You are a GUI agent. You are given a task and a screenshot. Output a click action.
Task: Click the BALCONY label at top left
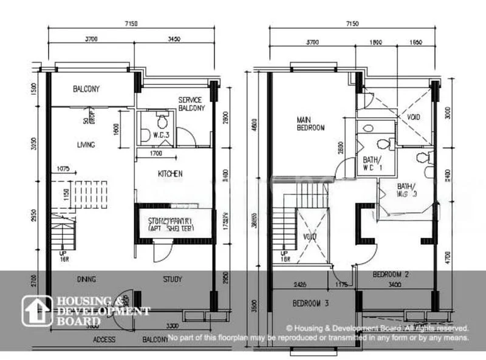tap(86, 89)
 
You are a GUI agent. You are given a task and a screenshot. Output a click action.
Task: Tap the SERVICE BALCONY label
tap(191, 104)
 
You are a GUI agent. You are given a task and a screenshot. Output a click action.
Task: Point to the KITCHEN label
tap(170, 174)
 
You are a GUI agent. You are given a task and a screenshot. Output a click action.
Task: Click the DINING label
tap(88, 279)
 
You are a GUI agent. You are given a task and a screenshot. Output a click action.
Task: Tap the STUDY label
tap(173, 279)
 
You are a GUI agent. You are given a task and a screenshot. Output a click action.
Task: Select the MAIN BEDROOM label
tap(310, 124)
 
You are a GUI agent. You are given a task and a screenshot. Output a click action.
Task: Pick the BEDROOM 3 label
tap(310, 303)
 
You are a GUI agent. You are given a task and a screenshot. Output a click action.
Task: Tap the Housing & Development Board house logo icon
tap(38, 311)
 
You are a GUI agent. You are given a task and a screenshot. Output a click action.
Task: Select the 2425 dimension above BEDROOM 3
tap(299, 283)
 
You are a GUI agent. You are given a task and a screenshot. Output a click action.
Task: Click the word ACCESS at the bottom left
tap(104, 340)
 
